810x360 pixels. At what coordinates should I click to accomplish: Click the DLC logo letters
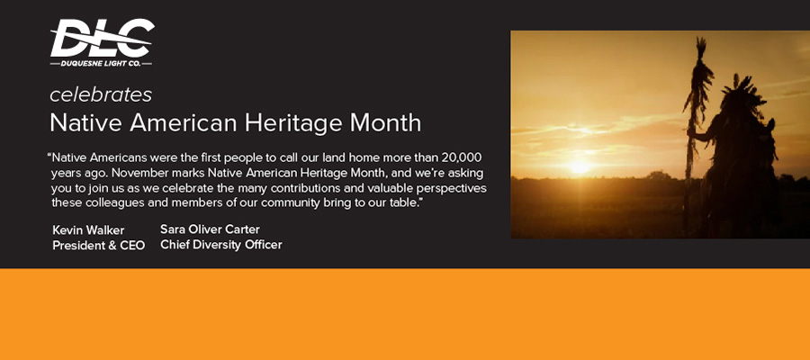click(x=103, y=38)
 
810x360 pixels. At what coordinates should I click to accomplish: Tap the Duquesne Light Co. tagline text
click(x=101, y=64)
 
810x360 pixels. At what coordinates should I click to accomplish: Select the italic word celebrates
click(x=101, y=95)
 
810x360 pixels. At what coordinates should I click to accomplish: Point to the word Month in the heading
click(x=385, y=123)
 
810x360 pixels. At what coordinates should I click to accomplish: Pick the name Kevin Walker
click(x=88, y=230)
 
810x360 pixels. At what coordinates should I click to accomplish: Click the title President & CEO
click(x=99, y=246)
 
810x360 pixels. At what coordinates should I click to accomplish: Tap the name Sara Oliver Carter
click(x=210, y=229)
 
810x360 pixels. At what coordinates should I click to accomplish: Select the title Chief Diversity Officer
click(x=221, y=245)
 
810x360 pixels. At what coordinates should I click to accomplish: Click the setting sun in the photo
click(x=579, y=166)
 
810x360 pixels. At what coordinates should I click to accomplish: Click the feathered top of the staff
click(x=699, y=77)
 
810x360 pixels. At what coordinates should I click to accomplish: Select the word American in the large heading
click(x=183, y=124)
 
